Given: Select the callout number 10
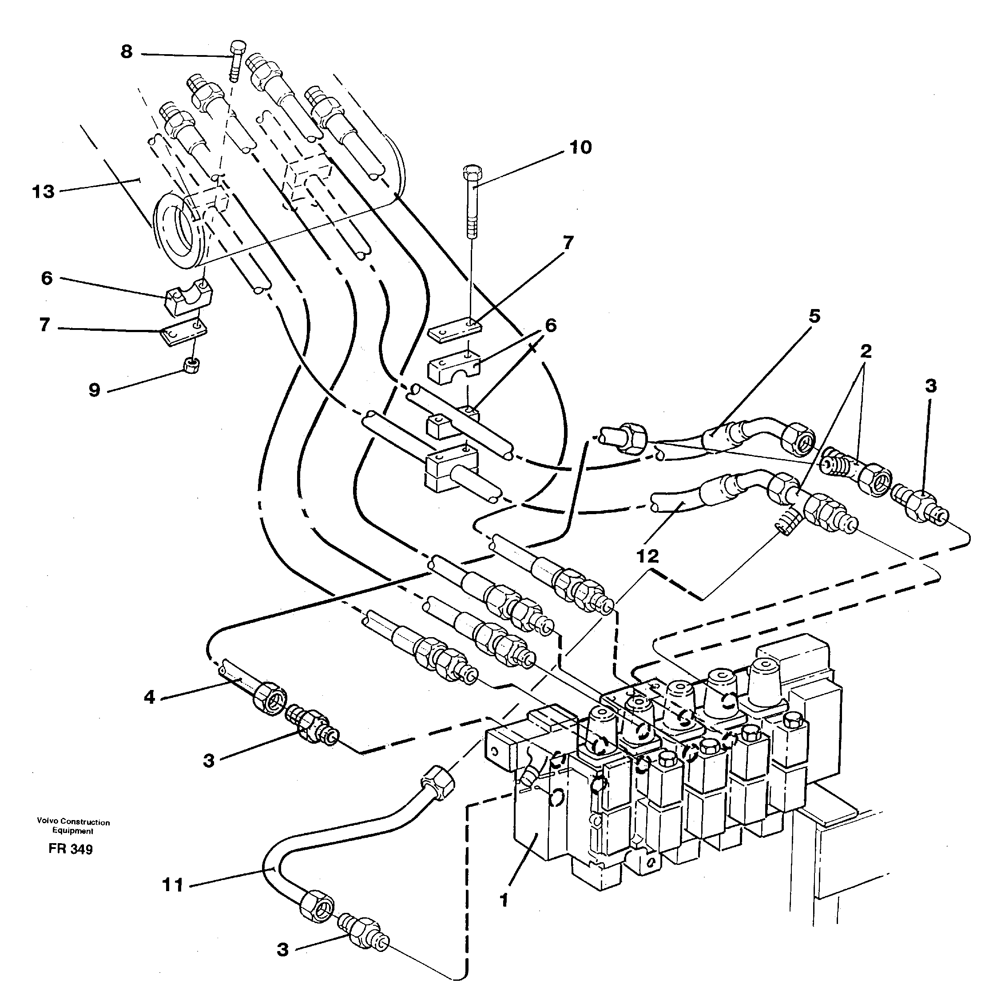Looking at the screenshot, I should coord(580,147).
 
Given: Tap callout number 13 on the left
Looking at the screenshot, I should coord(44,192).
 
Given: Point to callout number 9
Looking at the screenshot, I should coord(94,390).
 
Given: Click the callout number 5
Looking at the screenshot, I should coord(814,316).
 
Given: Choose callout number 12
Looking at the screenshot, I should coord(647,556).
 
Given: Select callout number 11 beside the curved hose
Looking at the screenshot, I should coord(173,885).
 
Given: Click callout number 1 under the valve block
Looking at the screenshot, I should coord(504,900).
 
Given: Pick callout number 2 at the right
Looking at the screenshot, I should coord(866,351).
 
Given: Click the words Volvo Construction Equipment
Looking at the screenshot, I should coord(73,826).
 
